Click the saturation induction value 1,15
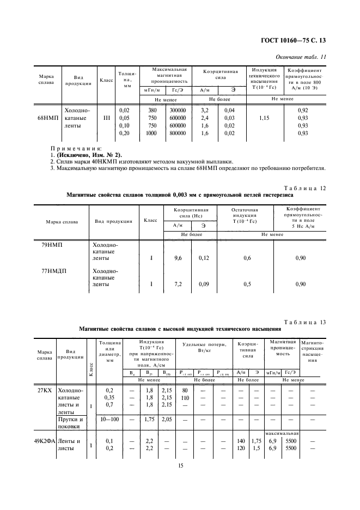[265, 118]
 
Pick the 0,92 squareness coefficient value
[303, 110]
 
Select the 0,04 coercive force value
[230, 110]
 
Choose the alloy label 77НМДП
[54, 270]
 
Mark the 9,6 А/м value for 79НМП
[178, 258]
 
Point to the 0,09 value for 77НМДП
[203, 284]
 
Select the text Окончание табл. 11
[301, 56]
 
